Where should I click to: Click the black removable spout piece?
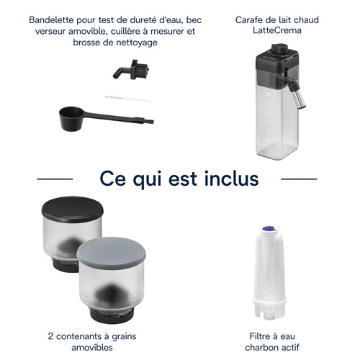click(131, 70)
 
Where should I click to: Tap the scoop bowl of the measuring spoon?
click(71, 119)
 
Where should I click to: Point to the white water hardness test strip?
click(127, 99)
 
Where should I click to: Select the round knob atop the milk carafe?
click(279, 49)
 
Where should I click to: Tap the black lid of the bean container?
click(72, 210)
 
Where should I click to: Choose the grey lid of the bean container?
click(112, 253)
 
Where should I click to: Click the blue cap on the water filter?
click(269, 229)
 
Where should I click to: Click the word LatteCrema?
click(277, 30)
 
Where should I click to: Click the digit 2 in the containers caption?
click(50, 336)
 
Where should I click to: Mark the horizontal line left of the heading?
click(55, 179)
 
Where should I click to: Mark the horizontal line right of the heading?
click(299, 179)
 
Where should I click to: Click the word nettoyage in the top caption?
click(137, 42)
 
